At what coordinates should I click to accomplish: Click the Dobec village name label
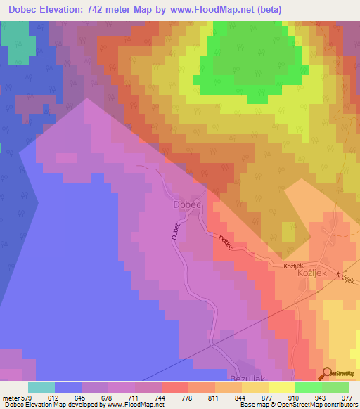187,204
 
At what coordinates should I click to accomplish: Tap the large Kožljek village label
314,273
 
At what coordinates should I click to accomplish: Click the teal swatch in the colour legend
41,387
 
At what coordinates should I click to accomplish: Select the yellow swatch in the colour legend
282,387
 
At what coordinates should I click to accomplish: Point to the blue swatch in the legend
68,387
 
